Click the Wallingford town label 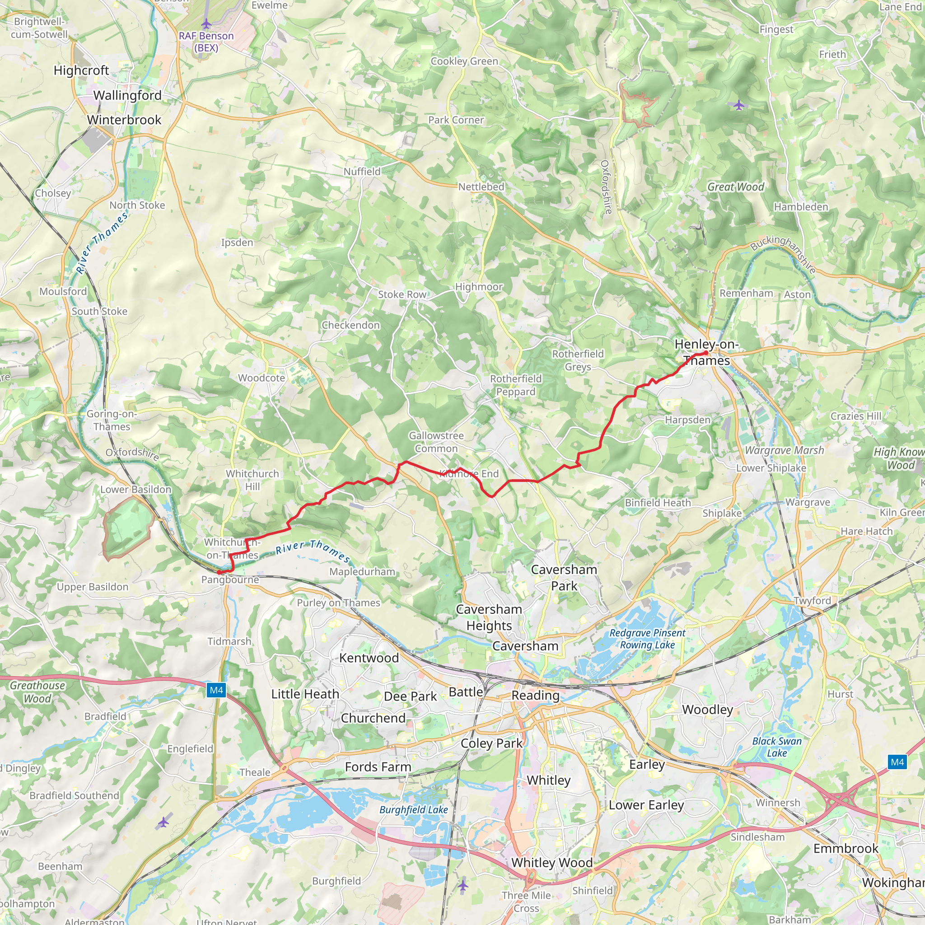(x=127, y=95)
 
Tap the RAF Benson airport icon (x=206, y=23)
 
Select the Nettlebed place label (x=481, y=187)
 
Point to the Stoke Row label (x=402, y=294)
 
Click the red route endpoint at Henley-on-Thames (x=706, y=353)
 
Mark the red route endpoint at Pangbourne (x=219, y=572)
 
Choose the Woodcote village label (x=262, y=378)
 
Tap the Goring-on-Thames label (x=112, y=420)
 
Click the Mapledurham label (x=362, y=572)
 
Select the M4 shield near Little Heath (x=216, y=690)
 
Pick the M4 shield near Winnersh (x=897, y=762)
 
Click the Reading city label (x=535, y=695)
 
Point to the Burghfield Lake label (x=414, y=810)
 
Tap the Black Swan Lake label (x=776, y=747)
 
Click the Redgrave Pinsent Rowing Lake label (x=647, y=639)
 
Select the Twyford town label (x=813, y=600)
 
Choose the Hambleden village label (x=801, y=207)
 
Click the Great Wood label (x=736, y=187)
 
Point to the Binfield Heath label (x=658, y=503)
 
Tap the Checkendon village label (x=350, y=325)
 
